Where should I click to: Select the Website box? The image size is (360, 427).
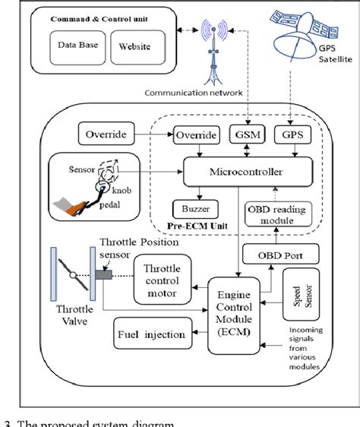[x=135, y=46]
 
